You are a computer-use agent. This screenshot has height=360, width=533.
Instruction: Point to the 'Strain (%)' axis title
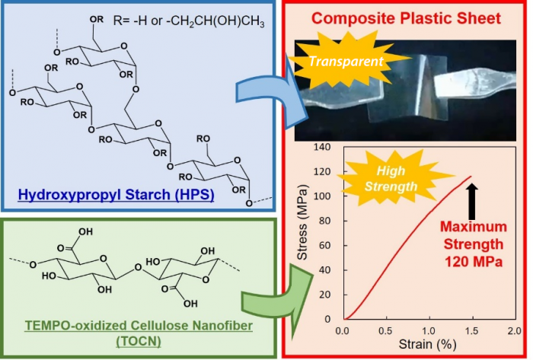[x=429, y=346]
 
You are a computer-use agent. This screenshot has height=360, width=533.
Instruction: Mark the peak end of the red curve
[x=471, y=177]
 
